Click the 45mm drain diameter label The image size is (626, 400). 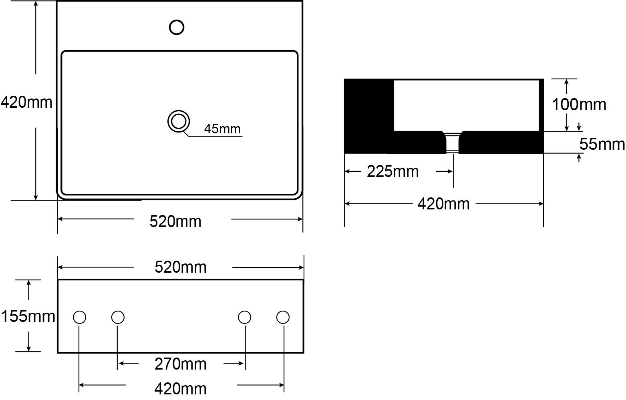[x=222, y=129]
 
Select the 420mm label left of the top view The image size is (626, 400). [x=26, y=102]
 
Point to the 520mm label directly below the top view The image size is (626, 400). [x=175, y=221]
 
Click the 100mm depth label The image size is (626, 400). [x=579, y=105]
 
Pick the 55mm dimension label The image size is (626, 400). [x=602, y=145]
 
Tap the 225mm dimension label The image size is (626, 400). [x=393, y=171]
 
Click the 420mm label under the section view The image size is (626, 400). [x=443, y=204]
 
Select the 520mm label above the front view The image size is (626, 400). [x=181, y=267]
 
